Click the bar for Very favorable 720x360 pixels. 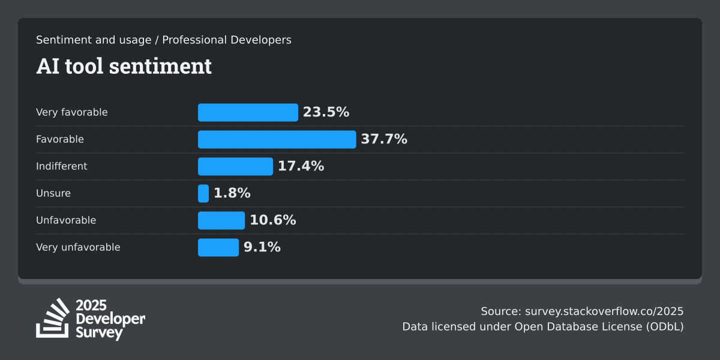tap(248, 112)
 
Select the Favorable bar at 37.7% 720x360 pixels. tap(277, 139)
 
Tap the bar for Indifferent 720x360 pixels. tap(235, 166)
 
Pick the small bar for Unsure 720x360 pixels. tap(203, 193)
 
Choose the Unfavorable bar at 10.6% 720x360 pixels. tap(221, 220)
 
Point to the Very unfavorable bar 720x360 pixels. tap(218, 247)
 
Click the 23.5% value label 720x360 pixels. tap(326, 112)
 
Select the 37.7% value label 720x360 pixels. tap(384, 139)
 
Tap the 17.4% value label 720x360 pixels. tap(301, 166)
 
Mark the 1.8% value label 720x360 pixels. tap(232, 193)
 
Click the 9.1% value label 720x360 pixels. tap(262, 247)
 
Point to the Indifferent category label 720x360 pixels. tap(61, 166)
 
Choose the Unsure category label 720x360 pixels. tap(53, 193)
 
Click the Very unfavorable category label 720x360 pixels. tap(78, 247)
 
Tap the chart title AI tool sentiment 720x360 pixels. tap(124, 66)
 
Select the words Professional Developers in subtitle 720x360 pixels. tap(227, 40)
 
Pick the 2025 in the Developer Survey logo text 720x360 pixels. tap(92, 305)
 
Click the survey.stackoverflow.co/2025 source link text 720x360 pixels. tap(604, 311)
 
